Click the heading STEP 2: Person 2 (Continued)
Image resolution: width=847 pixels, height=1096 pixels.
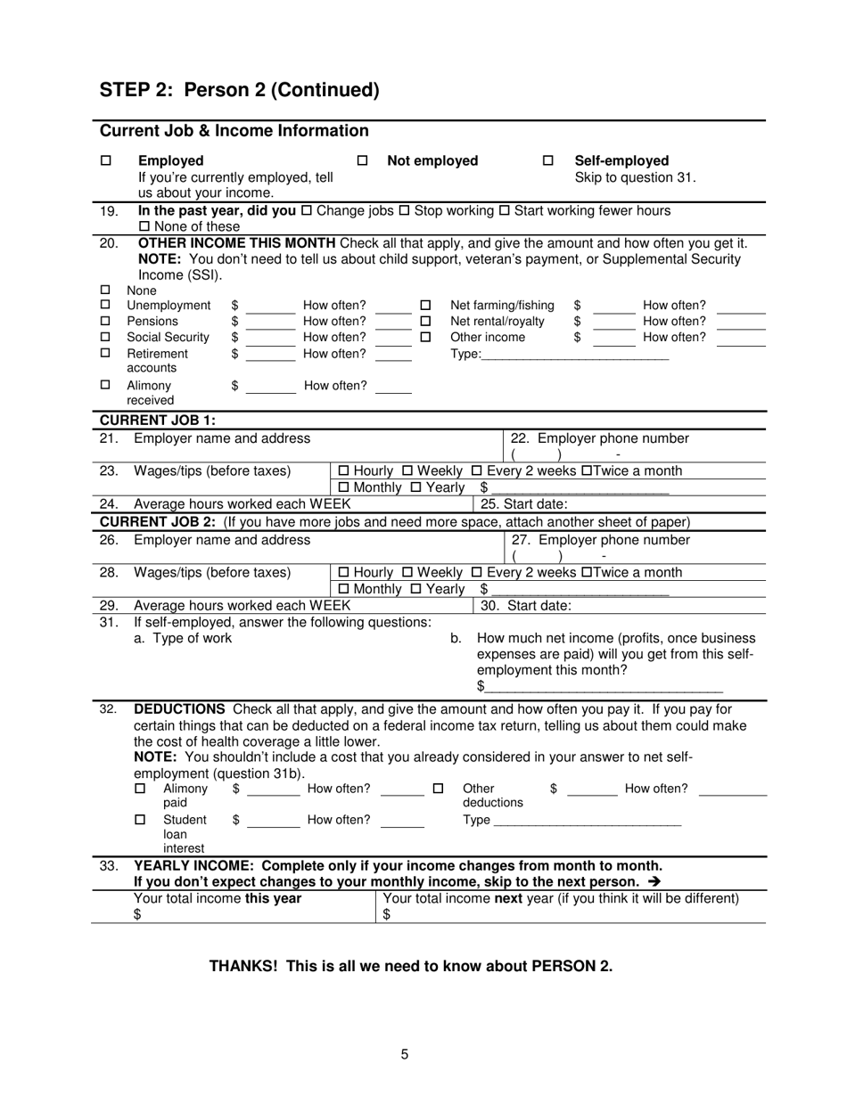point(239,90)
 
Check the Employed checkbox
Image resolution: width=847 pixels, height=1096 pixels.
point(106,161)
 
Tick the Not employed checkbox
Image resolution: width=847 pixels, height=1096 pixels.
point(362,161)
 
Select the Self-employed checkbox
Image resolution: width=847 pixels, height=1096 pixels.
point(548,161)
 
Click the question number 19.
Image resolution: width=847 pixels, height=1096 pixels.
point(108,211)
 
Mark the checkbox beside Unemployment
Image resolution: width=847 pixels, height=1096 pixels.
point(106,306)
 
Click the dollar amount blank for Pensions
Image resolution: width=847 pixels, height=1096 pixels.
point(270,322)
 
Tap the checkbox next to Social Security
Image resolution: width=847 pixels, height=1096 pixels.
point(106,337)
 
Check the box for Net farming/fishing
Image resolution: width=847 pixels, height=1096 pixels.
point(425,306)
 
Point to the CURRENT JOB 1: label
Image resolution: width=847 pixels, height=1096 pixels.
point(157,421)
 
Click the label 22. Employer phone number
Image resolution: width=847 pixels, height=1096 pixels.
point(599,438)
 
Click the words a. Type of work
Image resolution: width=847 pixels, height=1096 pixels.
point(183,638)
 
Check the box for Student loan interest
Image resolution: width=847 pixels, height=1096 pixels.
point(140,820)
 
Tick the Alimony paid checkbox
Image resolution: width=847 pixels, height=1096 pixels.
point(140,789)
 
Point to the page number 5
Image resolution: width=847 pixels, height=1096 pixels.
point(405,1054)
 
